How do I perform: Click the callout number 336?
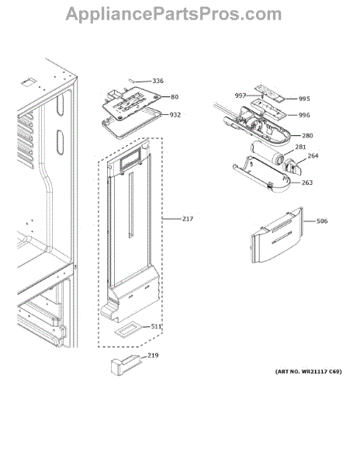[157, 81]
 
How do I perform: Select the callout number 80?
[175, 97]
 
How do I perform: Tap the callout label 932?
[175, 115]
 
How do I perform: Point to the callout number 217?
[188, 219]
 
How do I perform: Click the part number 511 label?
[156, 327]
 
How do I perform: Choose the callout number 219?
[153, 356]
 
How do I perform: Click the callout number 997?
[240, 96]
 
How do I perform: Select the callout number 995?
[304, 99]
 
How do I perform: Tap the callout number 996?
[304, 115]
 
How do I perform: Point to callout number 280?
[307, 135]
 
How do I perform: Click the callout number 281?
[300, 147]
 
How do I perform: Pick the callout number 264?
[313, 156]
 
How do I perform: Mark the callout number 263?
[307, 183]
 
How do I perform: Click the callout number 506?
[322, 221]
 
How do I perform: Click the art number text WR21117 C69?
[324, 372]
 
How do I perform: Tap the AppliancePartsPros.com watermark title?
[174, 14]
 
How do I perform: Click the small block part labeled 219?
[125, 365]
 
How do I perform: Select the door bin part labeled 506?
[277, 235]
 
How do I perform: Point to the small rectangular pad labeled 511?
[128, 331]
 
